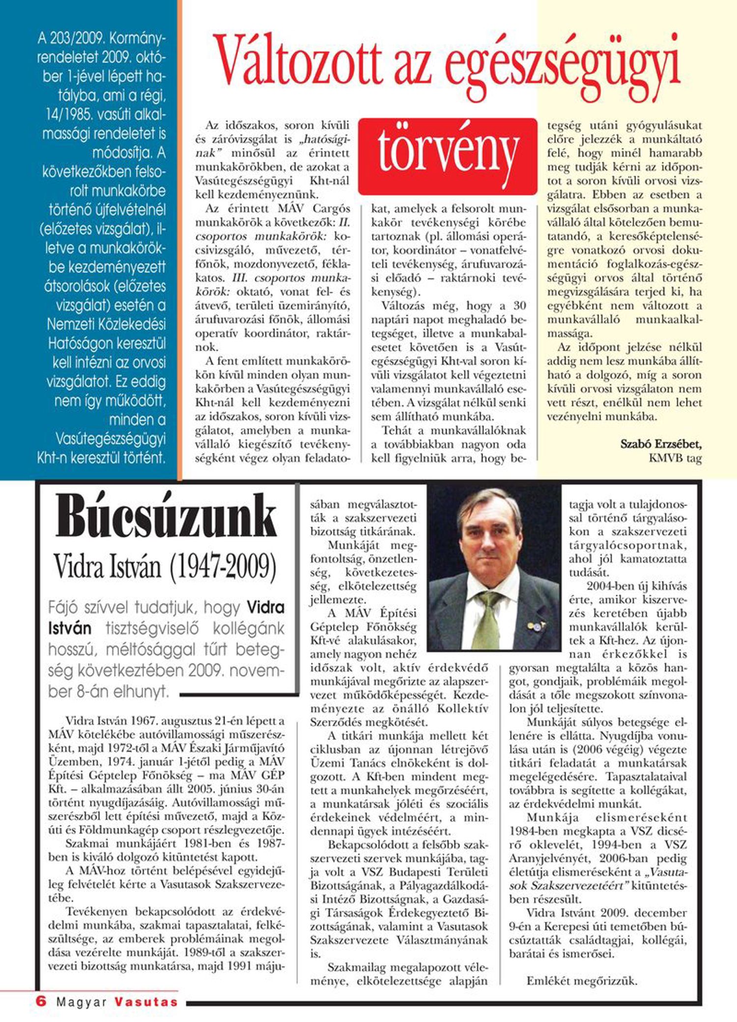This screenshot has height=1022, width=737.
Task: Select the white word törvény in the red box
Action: [x=448, y=155]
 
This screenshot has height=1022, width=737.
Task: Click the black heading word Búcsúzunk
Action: [x=167, y=516]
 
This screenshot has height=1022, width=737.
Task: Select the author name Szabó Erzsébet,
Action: [x=661, y=444]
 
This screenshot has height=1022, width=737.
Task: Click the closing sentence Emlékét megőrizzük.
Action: [x=582, y=981]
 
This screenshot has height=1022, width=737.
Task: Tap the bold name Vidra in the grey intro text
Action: [x=265, y=608]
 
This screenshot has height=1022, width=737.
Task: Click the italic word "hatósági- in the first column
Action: [x=324, y=139]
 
